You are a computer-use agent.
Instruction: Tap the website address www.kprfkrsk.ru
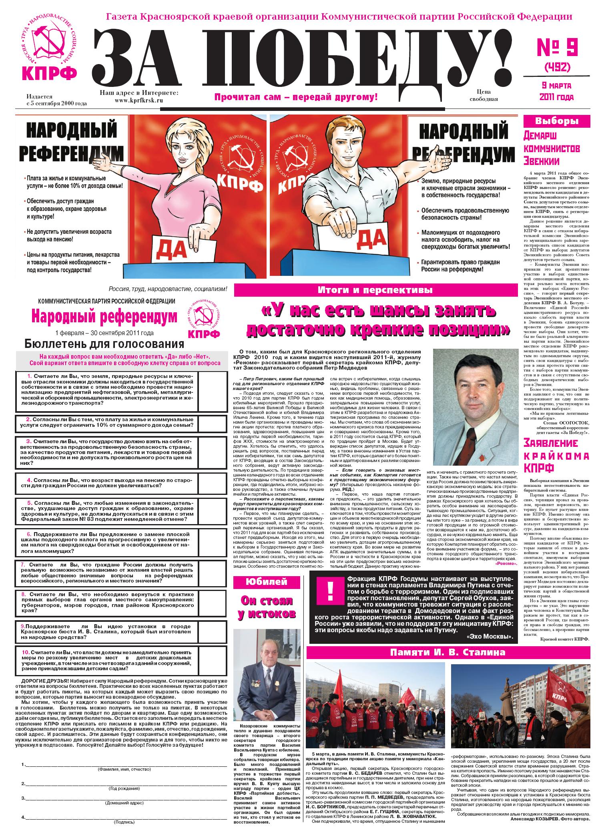click(138, 100)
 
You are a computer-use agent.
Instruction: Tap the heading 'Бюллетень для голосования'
click(104, 344)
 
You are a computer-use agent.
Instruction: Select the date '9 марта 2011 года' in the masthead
click(556, 91)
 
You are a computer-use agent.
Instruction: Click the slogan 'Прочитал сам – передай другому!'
click(296, 97)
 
